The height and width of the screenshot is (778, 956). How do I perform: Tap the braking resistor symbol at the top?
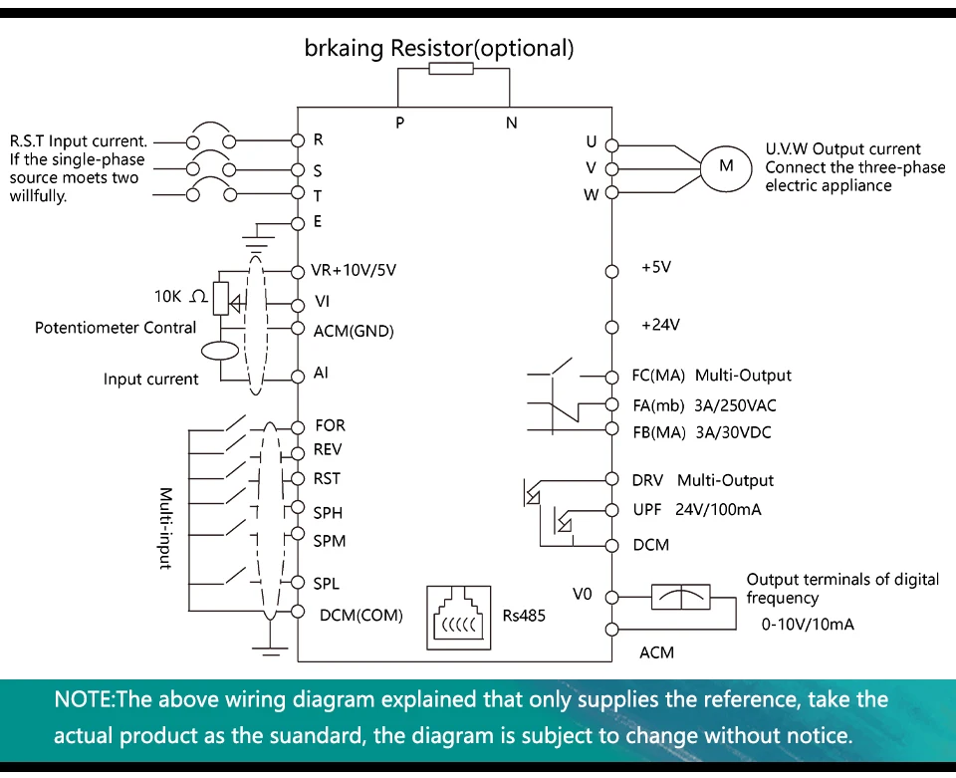pos(451,69)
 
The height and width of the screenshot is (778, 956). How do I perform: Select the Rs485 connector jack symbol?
pos(458,618)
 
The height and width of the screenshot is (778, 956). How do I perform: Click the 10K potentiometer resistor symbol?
pos(221,299)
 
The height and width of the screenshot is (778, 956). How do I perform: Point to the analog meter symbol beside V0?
pos(681,597)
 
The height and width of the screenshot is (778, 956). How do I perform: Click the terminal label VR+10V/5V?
pos(354,270)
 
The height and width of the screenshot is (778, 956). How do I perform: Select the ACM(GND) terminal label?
pos(354,331)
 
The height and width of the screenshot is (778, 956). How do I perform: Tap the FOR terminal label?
pos(330,425)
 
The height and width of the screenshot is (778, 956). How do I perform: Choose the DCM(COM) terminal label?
pos(360,616)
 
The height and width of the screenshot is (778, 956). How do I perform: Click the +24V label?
pos(660,325)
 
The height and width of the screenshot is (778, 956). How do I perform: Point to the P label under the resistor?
pos(400,123)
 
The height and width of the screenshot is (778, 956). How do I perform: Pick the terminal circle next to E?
pos(298,224)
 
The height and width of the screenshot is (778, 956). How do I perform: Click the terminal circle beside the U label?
pos(611,145)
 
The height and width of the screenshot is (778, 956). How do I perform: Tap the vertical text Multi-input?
pos(165,528)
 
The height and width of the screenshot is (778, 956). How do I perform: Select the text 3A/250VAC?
pos(735,405)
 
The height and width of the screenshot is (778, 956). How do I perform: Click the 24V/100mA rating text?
pos(718,510)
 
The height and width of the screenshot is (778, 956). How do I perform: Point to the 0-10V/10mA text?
pos(808,625)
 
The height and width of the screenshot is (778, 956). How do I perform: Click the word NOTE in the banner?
pos(84,698)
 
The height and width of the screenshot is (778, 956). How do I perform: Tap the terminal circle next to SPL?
pos(298,583)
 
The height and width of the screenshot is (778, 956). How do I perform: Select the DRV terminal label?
pos(647,480)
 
